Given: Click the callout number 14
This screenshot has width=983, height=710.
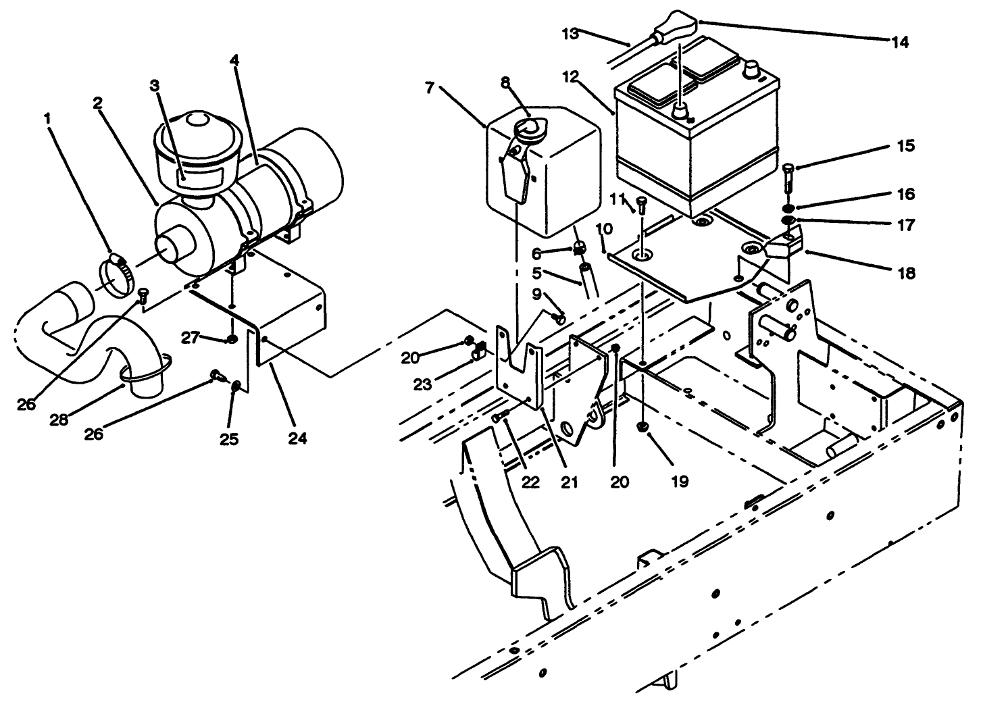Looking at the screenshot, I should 899,42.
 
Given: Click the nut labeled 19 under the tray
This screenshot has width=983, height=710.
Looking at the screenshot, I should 643,427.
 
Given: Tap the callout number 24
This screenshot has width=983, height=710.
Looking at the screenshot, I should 297,438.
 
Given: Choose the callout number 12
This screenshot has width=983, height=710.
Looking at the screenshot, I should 569,77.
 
